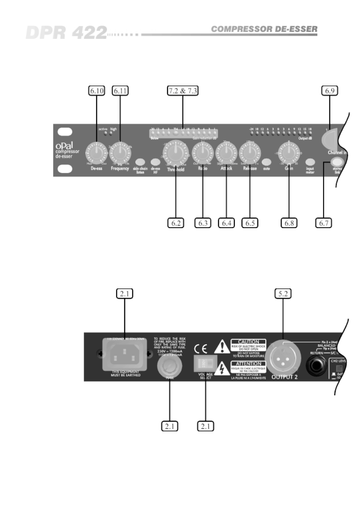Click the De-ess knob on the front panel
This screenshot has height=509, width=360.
(x=97, y=153)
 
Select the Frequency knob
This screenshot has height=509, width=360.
(x=120, y=153)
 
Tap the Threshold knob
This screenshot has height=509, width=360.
(x=175, y=153)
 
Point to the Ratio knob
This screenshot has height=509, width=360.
(x=203, y=153)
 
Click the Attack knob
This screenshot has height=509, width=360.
(x=226, y=153)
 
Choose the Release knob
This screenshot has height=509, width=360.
(x=250, y=153)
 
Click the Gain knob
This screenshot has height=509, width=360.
(x=289, y=153)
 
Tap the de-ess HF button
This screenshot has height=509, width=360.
(x=155, y=162)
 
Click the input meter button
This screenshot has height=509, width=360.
(x=310, y=162)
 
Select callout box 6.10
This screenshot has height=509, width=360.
(x=97, y=90)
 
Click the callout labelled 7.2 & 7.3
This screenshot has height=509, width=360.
(x=183, y=90)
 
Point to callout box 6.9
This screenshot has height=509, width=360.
(x=330, y=90)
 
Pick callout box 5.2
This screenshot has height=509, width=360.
(x=283, y=293)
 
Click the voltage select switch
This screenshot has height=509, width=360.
(x=205, y=363)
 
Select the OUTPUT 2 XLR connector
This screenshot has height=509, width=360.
(x=283, y=359)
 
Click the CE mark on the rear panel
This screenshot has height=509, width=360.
(x=200, y=349)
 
